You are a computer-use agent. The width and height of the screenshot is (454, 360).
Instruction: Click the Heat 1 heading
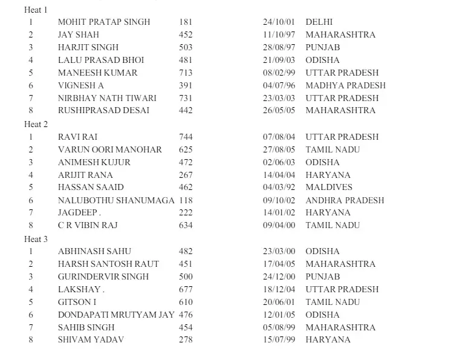point(36,10)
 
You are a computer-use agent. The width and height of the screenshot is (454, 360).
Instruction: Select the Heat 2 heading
point(36,124)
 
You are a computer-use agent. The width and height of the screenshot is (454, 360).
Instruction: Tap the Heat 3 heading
point(36,238)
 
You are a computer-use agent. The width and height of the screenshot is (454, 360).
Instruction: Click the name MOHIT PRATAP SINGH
point(104,22)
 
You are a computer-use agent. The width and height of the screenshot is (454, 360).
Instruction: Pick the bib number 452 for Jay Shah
point(186,34)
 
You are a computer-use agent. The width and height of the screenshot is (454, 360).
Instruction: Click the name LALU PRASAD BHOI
point(101,60)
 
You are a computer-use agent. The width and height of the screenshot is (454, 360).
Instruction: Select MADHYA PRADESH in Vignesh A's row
point(345,85)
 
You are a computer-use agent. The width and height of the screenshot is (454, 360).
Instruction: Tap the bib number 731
point(186,98)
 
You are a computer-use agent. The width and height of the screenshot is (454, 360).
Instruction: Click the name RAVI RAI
point(77,137)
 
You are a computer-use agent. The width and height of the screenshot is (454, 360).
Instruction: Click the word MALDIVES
point(329,187)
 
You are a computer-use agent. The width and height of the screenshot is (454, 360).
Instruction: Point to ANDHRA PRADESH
point(345,200)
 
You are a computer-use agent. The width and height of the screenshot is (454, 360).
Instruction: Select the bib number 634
point(186,225)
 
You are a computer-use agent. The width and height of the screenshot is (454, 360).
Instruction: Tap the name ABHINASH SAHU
point(94,251)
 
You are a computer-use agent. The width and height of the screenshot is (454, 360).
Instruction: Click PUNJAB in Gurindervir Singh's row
point(323,277)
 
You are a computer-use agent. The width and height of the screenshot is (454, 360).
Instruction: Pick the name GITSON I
point(77,302)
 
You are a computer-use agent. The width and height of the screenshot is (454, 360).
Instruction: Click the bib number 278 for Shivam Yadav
point(186,339)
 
